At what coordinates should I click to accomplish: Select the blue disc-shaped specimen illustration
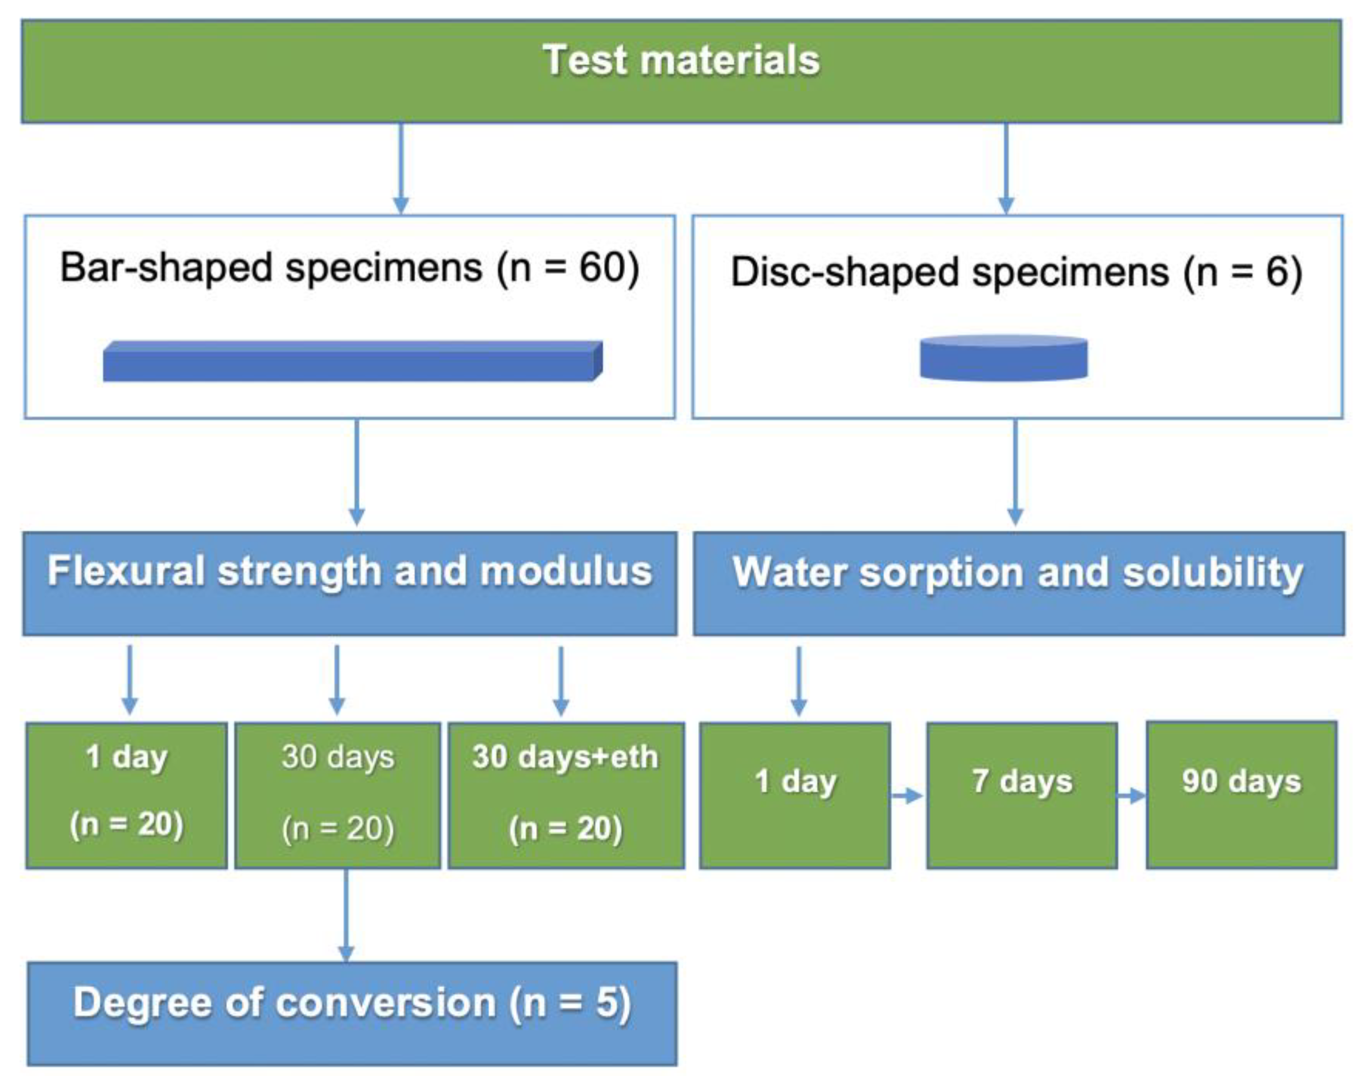(x=1004, y=359)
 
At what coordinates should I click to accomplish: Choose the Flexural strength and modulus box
(x=350, y=583)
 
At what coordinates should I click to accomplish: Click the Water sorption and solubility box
(x=1018, y=583)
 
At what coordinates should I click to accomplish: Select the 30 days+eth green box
(x=566, y=795)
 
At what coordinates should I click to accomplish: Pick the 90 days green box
(x=1241, y=795)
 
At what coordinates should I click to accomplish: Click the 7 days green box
(x=1021, y=795)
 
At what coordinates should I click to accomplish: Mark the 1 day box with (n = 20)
(x=126, y=795)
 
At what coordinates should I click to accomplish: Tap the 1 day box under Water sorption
(x=795, y=795)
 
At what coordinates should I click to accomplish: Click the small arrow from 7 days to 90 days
(x=1131, y=796)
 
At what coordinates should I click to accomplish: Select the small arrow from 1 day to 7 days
(x=907, y=796)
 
